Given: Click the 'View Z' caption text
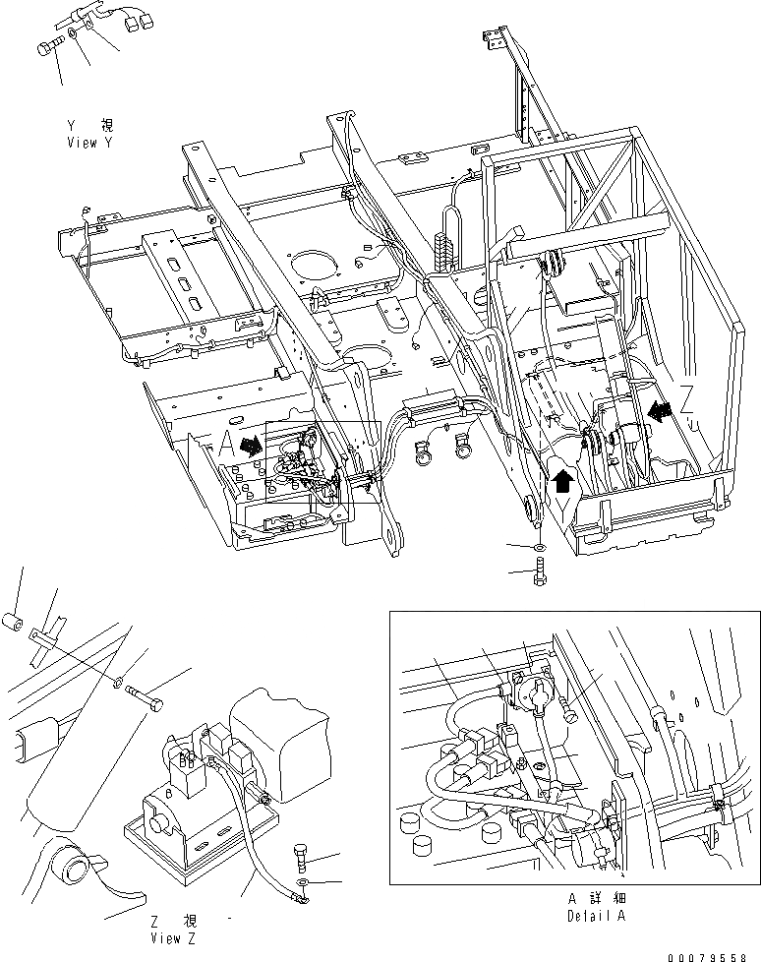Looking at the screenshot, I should (173, 937).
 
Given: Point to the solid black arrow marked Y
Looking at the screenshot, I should (561, 478).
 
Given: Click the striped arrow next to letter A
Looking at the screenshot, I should (251, 445).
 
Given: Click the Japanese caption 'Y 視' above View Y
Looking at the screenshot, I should (89, 126).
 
